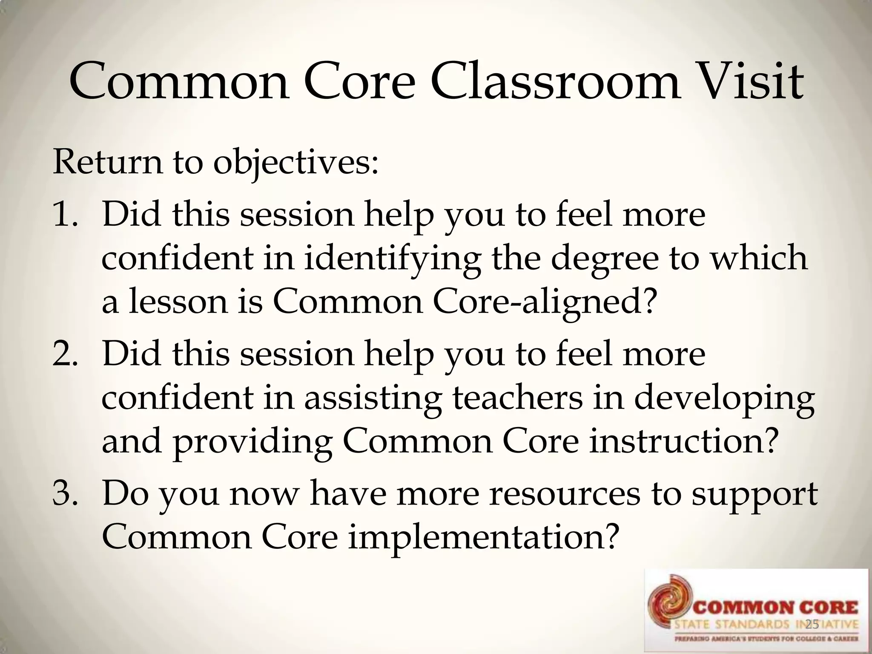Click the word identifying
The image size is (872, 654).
pos(392,260)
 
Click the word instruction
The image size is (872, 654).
pos(681,442)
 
